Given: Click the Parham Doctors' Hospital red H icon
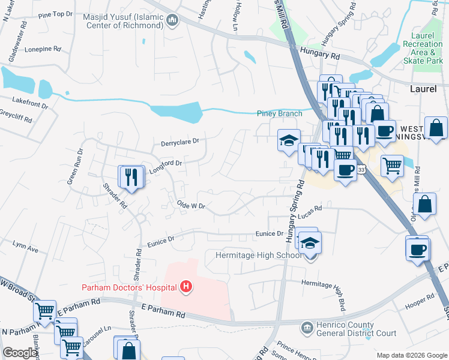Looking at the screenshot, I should tap(186, 287).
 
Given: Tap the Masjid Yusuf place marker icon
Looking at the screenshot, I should tap(173, 22).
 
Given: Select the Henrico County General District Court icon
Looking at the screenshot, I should tap(307, 328).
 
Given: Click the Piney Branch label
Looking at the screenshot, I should tap(279, 113).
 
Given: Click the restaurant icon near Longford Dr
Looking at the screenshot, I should tap(131, 176).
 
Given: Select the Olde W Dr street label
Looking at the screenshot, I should tap(191, 206).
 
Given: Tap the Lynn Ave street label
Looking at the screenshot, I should tap(25, 247).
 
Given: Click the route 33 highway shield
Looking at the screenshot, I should tap(361, 170).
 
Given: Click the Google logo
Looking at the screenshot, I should tap(20, 353).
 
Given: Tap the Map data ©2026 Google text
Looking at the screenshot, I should tap(411, 355).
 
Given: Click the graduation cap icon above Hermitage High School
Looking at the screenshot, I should tap(310, 243).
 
